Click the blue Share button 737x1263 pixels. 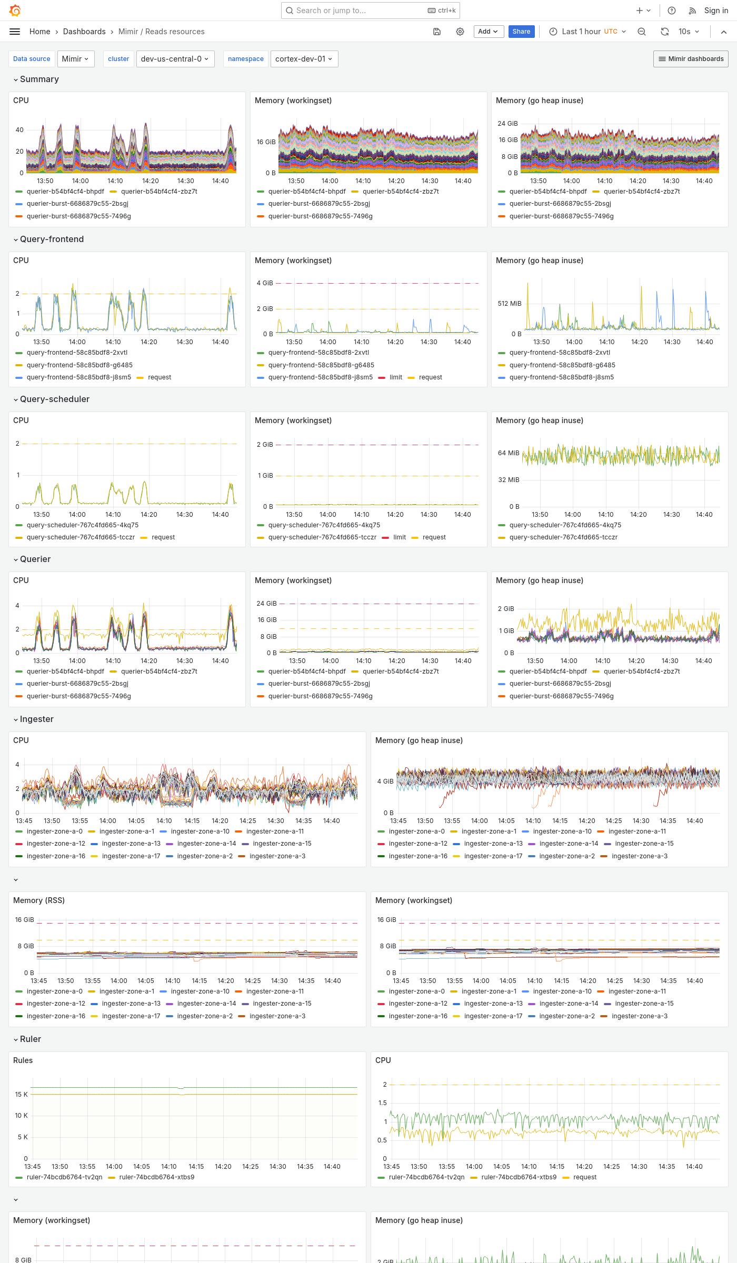(x=521, y=32)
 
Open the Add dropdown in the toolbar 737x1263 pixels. (x=488, y=32)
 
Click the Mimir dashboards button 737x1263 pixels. (x=691, y=59)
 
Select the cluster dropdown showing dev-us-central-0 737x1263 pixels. (x=174, y=59)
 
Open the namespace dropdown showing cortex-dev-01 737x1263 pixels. (x=304, y=59)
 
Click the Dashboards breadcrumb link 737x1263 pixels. (x=84, y=32)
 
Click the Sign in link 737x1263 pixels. (x=716, y=11)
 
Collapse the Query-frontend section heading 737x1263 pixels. (x=52, y=239)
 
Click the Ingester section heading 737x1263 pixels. (x=36, y=719)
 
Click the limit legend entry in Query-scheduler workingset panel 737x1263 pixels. (x=399, y=537)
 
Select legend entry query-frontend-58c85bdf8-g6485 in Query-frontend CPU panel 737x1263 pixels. (x=79, y=365)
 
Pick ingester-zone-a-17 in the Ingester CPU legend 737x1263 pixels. (x=131, y=856)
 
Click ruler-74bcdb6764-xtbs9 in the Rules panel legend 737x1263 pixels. (x=156, y=1177)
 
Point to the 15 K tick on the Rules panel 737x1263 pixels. (x=21, y=1095)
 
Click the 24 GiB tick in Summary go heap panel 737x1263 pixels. (x=507, y=124)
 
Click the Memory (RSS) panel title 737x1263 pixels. (x=39, y=900)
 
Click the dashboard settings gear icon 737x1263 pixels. (x=460, y=32)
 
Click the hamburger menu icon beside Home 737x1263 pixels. (x=15, y=32)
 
